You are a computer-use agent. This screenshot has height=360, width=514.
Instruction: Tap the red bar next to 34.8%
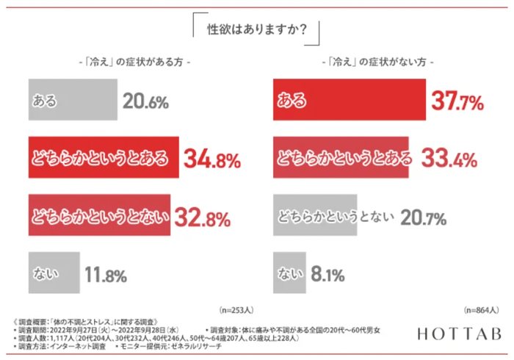(103, 158)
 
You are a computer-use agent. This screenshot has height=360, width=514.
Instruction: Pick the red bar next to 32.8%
(99, 216)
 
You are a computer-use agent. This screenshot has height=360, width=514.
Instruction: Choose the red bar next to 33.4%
(341, 158)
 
